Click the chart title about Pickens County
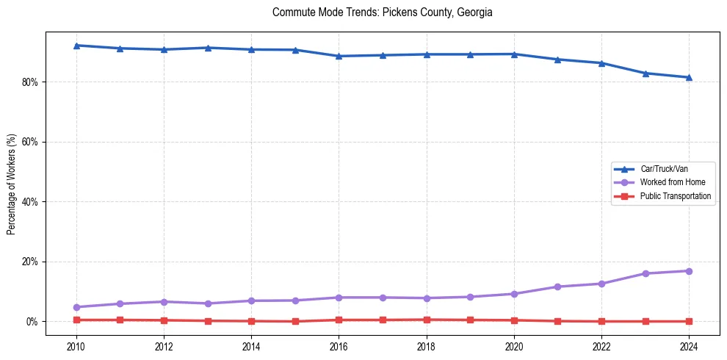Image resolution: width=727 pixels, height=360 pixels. tap(382, 12)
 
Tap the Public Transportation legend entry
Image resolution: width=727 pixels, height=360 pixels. tap(676, 196)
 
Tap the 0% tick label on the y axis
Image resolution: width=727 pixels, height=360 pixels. tap(32, 322)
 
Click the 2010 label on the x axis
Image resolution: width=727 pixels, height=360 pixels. tap(76, 345)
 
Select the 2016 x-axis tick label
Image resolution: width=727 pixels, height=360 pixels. tap(339, 345)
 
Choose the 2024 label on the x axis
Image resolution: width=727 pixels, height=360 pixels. tap(689, 345)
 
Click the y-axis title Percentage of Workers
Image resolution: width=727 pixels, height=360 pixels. tap(12, 184)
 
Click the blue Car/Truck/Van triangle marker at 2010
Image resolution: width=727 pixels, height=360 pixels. tap(76, 46)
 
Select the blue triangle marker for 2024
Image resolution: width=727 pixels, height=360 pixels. tap(689, 77)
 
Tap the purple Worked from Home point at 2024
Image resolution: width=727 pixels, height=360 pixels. tap(689, 271)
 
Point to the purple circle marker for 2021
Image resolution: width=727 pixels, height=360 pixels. tap(557, 287)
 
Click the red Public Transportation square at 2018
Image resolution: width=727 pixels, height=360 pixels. tap(426, 320)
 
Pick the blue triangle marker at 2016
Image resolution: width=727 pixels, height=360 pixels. tap(339, 56)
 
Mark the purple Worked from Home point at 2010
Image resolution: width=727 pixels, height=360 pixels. tap(76, 307)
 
